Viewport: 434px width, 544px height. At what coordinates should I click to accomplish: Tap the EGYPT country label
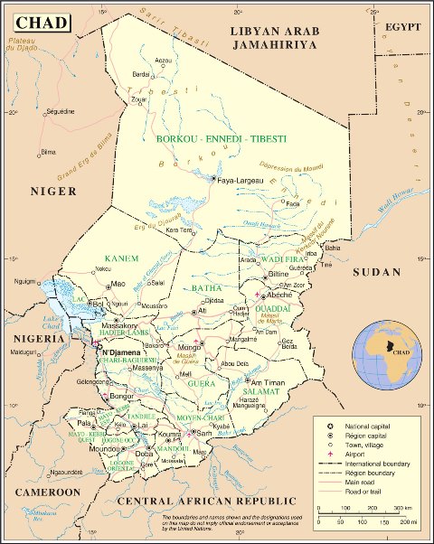[402, 28]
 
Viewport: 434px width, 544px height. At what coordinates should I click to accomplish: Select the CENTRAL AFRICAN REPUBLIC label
[207, 501]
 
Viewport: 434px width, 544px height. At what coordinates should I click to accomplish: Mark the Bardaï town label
[141, 75]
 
